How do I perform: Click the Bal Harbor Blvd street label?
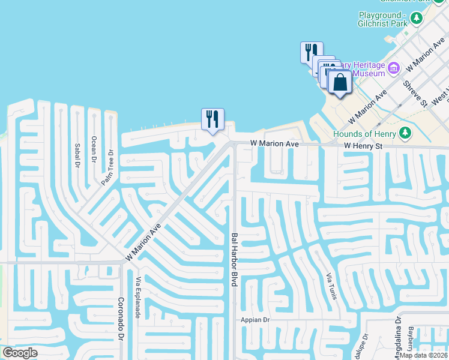[235, 259]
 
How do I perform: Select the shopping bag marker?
[340, 83]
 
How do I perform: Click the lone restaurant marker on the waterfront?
[212, 119]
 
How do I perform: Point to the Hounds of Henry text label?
[366, 133]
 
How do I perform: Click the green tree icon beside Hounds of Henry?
[406, 133]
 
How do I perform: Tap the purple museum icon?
[394, 68]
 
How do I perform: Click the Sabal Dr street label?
[77, 155]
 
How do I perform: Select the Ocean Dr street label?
[93, 149]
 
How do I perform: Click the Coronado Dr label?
[121, 320]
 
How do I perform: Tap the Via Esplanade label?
[138, 298]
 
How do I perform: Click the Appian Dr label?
[256, 320]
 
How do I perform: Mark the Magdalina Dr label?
[397, 334]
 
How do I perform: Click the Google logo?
[20, 353]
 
